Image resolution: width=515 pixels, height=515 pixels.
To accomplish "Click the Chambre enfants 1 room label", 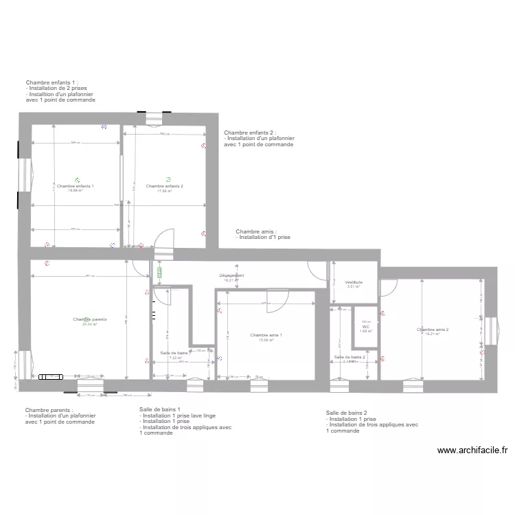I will (x=76, y=186).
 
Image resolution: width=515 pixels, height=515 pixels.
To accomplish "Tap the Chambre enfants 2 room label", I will (x=165, y=186).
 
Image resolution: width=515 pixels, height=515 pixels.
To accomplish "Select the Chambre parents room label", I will (x=90, y=319).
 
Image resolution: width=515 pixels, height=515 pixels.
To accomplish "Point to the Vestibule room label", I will (x=354, y=282).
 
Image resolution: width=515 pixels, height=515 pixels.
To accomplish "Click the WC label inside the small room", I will (x=365, y=327).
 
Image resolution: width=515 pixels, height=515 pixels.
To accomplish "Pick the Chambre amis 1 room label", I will (x=266, y=335).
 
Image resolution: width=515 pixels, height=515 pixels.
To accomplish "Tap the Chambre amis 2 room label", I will (x=433, y=330).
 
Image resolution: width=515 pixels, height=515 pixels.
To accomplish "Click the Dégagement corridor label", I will (x=231, y=275).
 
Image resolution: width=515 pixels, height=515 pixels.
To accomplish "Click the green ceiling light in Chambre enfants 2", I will (x=168, y=179).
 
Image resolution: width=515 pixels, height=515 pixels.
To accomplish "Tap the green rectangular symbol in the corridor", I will (x=160, y=272).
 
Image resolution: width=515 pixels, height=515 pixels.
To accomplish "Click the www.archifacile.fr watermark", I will (x=472, y=450).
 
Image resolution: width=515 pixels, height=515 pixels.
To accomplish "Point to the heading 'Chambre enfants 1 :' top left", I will (x=52, y=82).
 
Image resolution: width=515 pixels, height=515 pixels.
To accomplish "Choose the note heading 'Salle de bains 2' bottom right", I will (x=351, y=413).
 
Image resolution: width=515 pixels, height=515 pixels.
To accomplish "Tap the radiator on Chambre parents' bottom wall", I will (x=51, y=376).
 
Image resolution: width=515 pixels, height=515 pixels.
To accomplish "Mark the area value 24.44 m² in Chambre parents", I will (x=90, y=324).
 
